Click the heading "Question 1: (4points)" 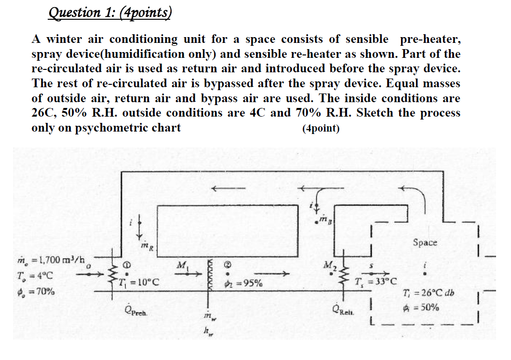[110, 12]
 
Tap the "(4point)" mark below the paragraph [321, 129]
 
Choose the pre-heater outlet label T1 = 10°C [136, 281]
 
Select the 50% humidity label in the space [423, 307]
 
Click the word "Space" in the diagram [425, 242]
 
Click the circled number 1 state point [128, 264]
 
